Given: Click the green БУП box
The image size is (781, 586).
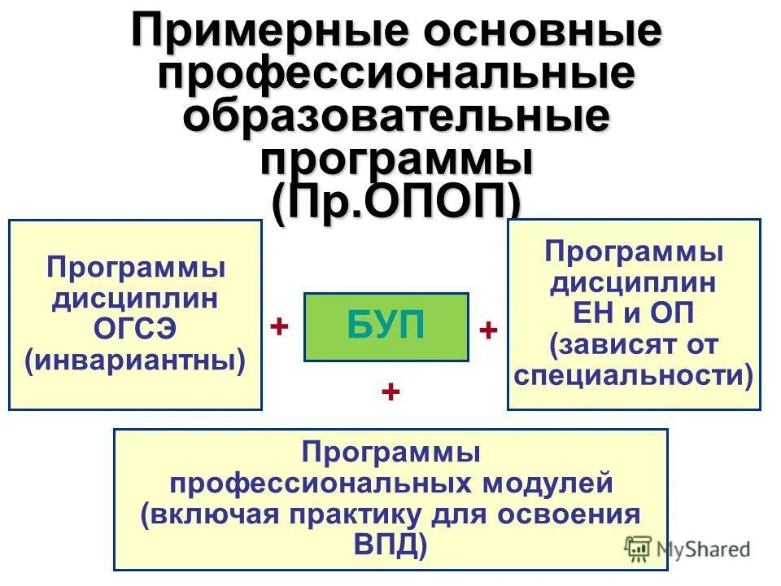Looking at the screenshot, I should click(x=386, y=326).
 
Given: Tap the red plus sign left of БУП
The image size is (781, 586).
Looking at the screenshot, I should click(x=279, y=327).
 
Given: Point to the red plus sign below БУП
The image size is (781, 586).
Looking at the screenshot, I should click(x=390, y=392).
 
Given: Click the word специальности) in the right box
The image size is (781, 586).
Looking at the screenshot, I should click(x=634, y=374).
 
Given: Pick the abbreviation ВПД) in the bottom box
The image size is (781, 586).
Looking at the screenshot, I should click(x=390, y=544).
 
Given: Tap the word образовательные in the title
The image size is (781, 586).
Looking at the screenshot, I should click(x=395, y=116).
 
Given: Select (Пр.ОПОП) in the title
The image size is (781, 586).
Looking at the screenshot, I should click(x=395, y=199).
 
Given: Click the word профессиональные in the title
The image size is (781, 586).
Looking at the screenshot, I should click(x=395, y=75).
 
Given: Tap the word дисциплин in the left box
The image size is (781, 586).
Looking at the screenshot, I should click(x=135, y=299).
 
